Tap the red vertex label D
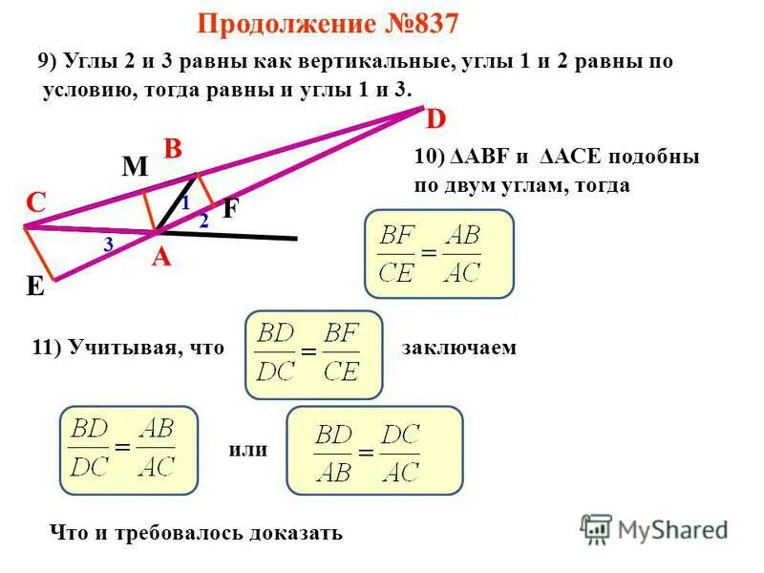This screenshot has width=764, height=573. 435,119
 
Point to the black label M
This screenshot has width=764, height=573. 135,168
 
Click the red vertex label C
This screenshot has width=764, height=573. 36,202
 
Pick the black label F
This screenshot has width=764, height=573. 230,209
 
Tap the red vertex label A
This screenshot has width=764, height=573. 159,256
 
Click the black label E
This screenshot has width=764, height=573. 35,286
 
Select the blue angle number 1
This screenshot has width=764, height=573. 185,203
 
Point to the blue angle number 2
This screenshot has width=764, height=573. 203,221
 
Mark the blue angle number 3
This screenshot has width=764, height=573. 109,245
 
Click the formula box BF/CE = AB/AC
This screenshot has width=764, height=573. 438,254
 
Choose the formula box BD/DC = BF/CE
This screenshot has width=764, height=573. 313,353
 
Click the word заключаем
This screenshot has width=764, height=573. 458,348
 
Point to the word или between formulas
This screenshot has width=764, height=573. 248,449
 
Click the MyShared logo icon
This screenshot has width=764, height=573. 596,528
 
